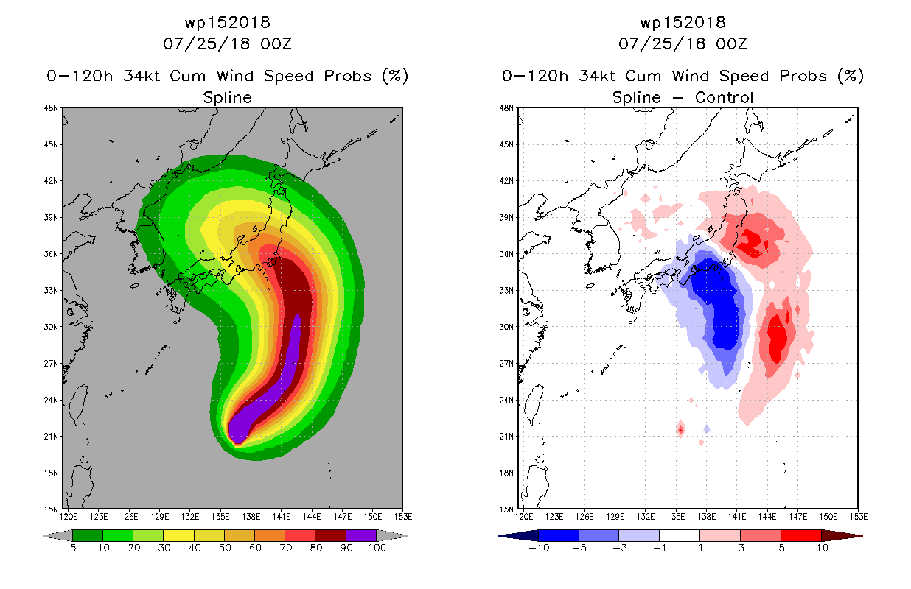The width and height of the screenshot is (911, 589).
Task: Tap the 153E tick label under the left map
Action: pyautogui.click(x=403, y=517)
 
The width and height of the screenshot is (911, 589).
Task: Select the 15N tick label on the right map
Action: pyautogui.click(x=506, y=509)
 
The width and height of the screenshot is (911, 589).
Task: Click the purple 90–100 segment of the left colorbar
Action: pyautogui.click(x=361, y=535)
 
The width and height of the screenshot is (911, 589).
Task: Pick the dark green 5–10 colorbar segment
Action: pyautogui.click(x=88, y=535)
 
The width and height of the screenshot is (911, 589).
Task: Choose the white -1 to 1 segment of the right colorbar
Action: pyautogui.click(x=679, y=535)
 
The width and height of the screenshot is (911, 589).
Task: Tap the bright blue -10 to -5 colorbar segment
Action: pyautogui.click(x=559, y=535)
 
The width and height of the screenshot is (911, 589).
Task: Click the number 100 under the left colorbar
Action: pyautogui.click(x=377, y=548)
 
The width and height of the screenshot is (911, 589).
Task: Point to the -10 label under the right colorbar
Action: pyautogui.click(x=539, y=548)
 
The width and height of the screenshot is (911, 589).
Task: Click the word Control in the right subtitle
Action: pyautogui.click(x=724, y=97)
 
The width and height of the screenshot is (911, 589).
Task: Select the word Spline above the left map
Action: pyautogui.click(x=227, y=97)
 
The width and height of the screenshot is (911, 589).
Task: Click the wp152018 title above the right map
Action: pyautogui.click(x=683, y=22)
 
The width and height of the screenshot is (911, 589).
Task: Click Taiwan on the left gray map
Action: pyautogui.click(x=78, y=404)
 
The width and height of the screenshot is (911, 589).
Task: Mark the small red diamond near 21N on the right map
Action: pyautogui.click(x=680, y=429)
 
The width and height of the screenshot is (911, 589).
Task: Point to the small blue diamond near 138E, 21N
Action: pyautogui.click(x=707, y=429)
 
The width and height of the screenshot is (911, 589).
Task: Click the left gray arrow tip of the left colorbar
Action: pyautogui.click(x=43, y=536)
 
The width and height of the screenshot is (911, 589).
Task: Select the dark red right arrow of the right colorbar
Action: pyautogui.click(x=842, y=536)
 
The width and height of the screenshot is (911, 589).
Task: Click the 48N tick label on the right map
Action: pyautogui.click(x=506, y=107)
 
